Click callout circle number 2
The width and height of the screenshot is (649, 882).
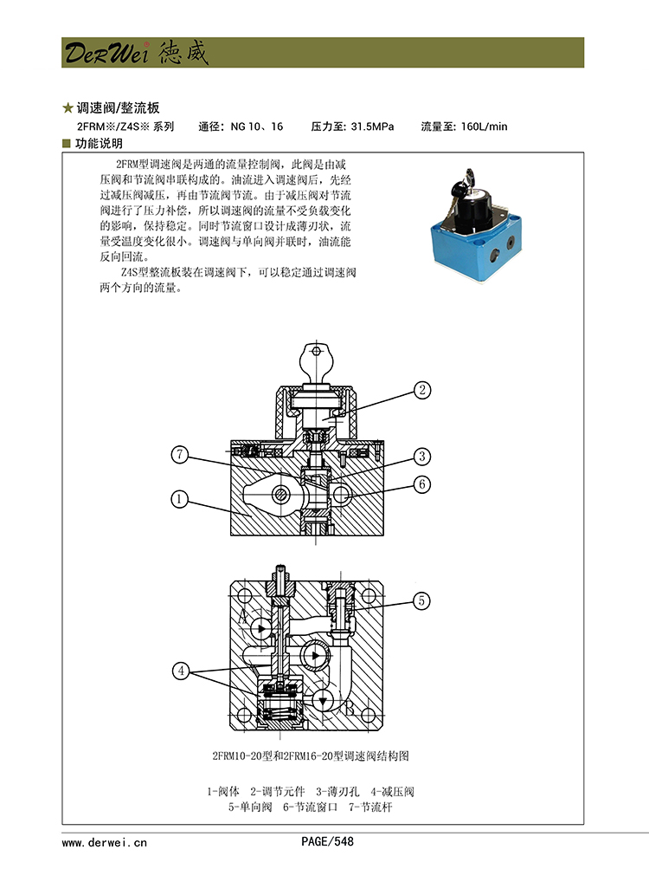tap(421, 391)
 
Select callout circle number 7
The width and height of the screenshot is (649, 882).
tap(179, 454)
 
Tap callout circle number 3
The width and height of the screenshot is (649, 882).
tap(421, 457)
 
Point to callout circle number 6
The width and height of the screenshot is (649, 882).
tap(421, 484)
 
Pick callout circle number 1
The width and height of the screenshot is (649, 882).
tap(179, 499)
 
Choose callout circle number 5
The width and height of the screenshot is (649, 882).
tap(421, 600)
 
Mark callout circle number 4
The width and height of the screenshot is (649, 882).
tap(181, 670)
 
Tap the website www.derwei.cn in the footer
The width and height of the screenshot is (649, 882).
tap(105, 841)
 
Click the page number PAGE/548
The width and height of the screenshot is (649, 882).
tap(327, 841)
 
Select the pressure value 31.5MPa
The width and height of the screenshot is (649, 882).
tap(372, 126)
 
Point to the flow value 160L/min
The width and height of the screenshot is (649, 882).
tap(485, 126)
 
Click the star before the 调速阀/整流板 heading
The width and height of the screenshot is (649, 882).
tap(67, 109)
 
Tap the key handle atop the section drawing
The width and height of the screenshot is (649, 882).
tap(315, 358)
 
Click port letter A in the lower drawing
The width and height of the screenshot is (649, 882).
tap(243, 617)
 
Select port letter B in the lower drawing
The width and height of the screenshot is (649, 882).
tap(350, 708)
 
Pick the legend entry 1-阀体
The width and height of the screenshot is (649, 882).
tap(223, 791)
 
